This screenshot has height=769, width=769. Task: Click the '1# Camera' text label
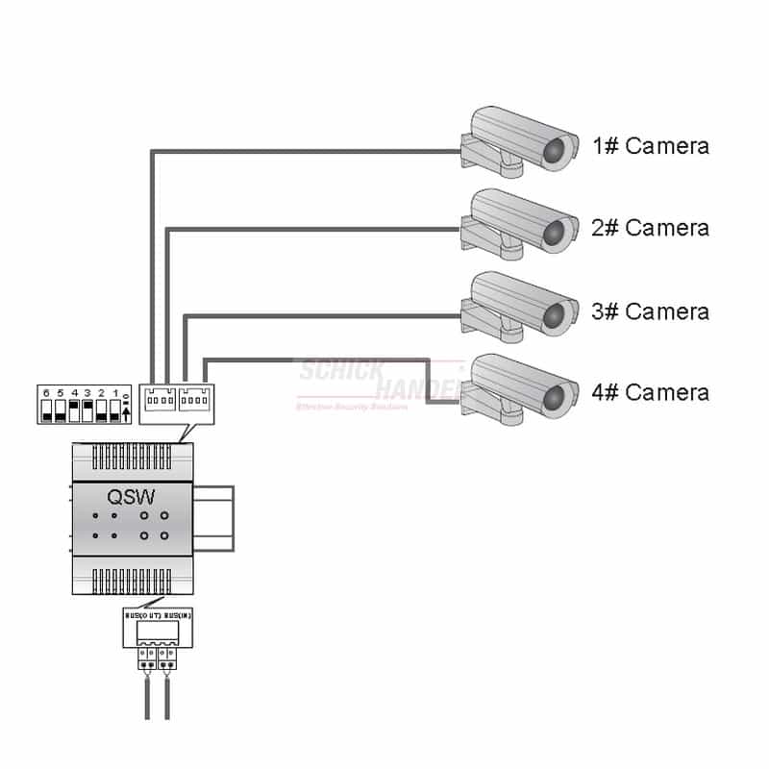click(x=651, y=146)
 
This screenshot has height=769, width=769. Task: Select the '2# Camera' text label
click(x=651, y=228)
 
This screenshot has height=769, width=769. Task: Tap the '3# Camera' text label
click(x=651, y=311)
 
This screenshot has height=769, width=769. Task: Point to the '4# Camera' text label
click(x=651, y=392)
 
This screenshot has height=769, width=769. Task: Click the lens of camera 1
click(x=555, y=150)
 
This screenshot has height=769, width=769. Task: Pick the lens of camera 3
click(x=555, y=315)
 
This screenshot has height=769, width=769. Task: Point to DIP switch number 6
click(x=46, y=412)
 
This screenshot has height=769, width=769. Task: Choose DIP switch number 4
click(x=74, y=412)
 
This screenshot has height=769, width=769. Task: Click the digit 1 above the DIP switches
click(x=115, y=394)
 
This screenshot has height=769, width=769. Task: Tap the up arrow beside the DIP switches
click(x=127, y=413)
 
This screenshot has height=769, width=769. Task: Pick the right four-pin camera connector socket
click(x=195, y=398)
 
